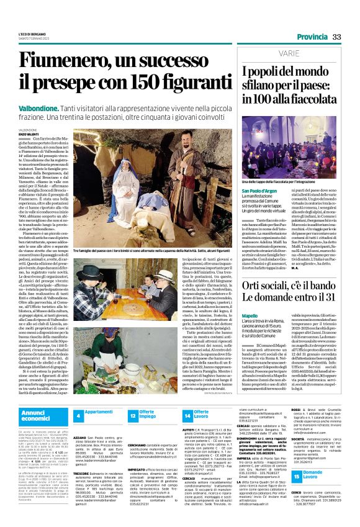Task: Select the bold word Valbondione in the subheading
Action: pyautogui.click(x=38, y=107)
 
